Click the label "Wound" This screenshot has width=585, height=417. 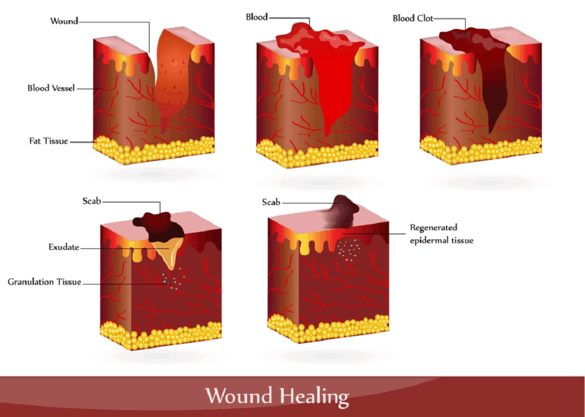tap(64, 21)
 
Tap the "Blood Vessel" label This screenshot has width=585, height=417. tap(51, 89)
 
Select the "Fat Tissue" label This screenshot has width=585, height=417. tap(48, 141)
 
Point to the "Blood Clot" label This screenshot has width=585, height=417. tap(412, 19)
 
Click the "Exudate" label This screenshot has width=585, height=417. tap(63, 247)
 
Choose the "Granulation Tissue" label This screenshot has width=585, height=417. tap(44, 282)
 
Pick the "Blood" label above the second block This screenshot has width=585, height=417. tap(256, 17)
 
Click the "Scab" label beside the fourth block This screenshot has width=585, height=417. tap(91, 201)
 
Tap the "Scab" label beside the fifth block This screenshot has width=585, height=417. tap(271, 202)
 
